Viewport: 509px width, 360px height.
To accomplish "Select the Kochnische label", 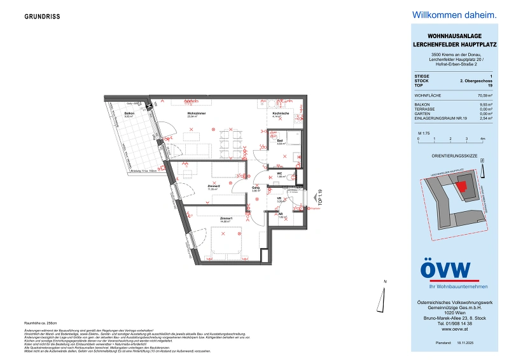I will click(x=281, y=113).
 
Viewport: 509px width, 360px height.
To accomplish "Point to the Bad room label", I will click(x=281, y=141).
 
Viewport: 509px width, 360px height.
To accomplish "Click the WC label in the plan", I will click(x=279, y=173).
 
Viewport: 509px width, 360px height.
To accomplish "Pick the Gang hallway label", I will click(x=255, y=187).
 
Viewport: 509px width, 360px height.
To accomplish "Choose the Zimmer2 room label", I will click(x=213, y=186).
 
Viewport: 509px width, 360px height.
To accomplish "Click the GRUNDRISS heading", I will click(x=43, y=17).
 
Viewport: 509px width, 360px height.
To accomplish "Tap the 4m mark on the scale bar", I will click(x=483, y=138).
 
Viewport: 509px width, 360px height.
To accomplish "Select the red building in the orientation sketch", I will click(x=462, y=185).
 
